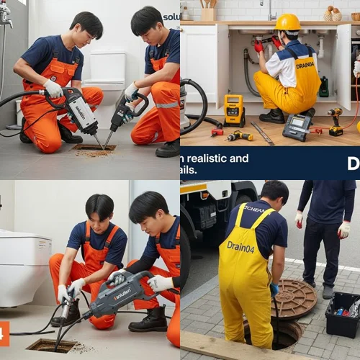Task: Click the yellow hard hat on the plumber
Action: [x=288, y=22]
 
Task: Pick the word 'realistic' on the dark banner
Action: [x=209, y=158]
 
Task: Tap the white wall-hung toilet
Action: [x=24, y=268]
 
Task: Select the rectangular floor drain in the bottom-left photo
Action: [x=52, y=346]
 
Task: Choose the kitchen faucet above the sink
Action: [x=271, y=9]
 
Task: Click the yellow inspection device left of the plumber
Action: [x=234, y=110]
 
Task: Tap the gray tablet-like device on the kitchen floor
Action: [x=297, y=127]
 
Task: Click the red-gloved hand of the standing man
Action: [x=344, y=230]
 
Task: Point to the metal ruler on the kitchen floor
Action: [x=262, y=133]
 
